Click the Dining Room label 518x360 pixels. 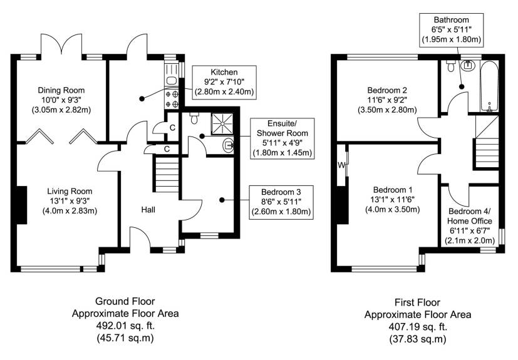click(x=61, y=100)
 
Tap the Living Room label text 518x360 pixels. click(x=70, y=201)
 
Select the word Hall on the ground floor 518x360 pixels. click(x=148, y=209)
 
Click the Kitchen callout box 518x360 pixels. click(x=224, y=82)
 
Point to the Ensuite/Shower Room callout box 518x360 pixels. click(x=282, y=138)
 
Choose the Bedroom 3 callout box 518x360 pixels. click(x=281, y=202)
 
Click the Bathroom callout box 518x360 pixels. click(x=451, y=29)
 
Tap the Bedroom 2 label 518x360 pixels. click(x=387, y=100)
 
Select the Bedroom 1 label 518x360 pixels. click(x=393, y=200)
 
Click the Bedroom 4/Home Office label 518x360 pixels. click(x=470, y=225)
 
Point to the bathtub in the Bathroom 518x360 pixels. click(x=489, y=86)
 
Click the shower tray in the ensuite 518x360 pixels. click(x=222, y=123)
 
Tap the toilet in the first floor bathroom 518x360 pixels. click(x=450, y=66)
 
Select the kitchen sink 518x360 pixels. click(x=171, y=80)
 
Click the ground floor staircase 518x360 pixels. click(x=166, y=175)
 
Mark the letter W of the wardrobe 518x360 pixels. click(x=341, y=165)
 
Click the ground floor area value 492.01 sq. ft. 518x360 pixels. click(x=125, y=326)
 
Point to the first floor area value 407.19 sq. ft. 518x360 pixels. click(x=418, y=327)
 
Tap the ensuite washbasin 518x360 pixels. click(x=229, y=145)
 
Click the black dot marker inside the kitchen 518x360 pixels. click(x=142, y=98)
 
